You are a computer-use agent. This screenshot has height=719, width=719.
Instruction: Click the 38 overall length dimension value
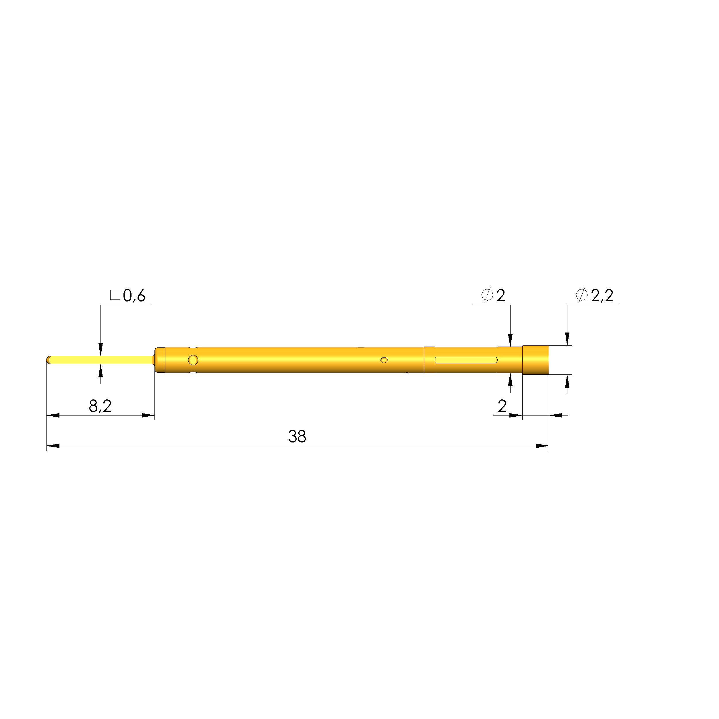[297, 436]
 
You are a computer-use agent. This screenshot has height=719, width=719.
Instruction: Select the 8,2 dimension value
[100, 406]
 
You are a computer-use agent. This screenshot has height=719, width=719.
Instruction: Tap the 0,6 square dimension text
[134, 295]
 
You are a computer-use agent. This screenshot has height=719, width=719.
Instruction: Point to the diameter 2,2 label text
[602, 295]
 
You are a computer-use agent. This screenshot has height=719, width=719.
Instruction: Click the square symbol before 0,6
[115, 295]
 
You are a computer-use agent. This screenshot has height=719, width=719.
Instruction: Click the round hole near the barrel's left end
[193, 360]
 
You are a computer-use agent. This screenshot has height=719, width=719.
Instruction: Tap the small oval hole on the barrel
[384, 360]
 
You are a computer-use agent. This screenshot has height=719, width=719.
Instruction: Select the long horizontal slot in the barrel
[466, 360]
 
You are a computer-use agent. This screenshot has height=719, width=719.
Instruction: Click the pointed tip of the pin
[47, 360]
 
